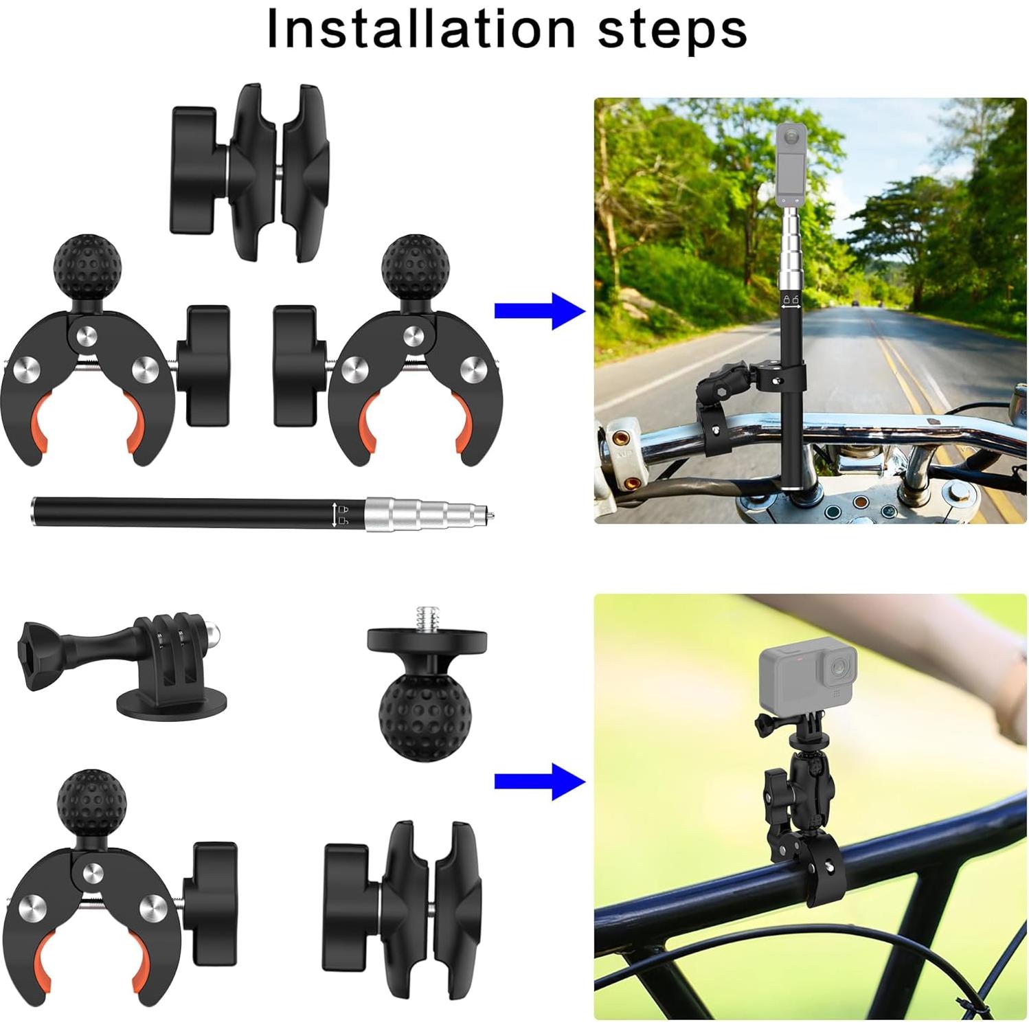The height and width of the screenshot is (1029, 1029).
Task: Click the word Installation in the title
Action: pos(420,29)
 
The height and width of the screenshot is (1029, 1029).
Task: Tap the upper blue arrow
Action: pos(540,311)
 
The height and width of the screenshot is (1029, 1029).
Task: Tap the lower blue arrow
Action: pos(540,781)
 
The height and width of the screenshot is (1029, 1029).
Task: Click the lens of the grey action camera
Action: pos(839,667)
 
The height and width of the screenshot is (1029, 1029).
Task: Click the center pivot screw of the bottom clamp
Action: pos(92,872)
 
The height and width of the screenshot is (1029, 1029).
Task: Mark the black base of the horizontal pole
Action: pos(179,513)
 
